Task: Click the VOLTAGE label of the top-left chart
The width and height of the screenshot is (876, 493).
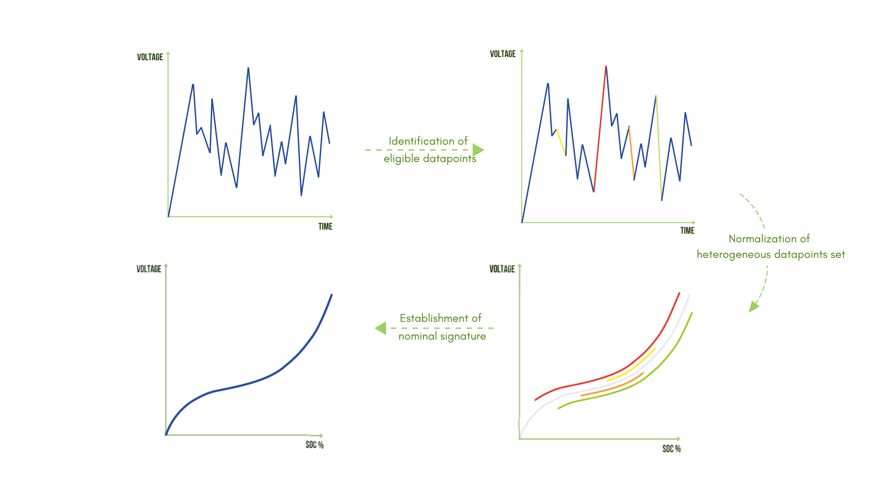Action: click(x=150, y=57)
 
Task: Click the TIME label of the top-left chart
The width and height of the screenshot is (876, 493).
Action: click(x=325, y=226)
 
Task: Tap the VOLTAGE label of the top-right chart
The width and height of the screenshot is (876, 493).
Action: click(x=502, y=54)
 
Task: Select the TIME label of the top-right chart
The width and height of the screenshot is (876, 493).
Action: click(x=687, y=231)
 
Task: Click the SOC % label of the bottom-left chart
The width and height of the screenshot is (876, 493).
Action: click(x=314, y=445)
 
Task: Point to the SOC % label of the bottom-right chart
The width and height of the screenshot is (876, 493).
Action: click(x=671, y=449)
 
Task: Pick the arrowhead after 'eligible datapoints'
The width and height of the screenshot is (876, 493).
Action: click(x=478, y=150)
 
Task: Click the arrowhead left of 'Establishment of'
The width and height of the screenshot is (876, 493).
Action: click(x=381, y=328)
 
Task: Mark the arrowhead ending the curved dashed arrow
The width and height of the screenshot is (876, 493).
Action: click(x=753, y=307)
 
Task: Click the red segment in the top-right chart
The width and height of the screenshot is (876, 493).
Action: click(x=600, y=128)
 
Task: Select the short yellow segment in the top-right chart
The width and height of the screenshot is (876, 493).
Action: click(x=561, y=142)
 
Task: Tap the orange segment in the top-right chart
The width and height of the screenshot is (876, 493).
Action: click(x=631, y=153)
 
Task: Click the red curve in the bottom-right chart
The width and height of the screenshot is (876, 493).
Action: click(x=593, y=380)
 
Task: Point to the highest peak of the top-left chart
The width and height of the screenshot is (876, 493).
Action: click(x=248, y=68)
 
